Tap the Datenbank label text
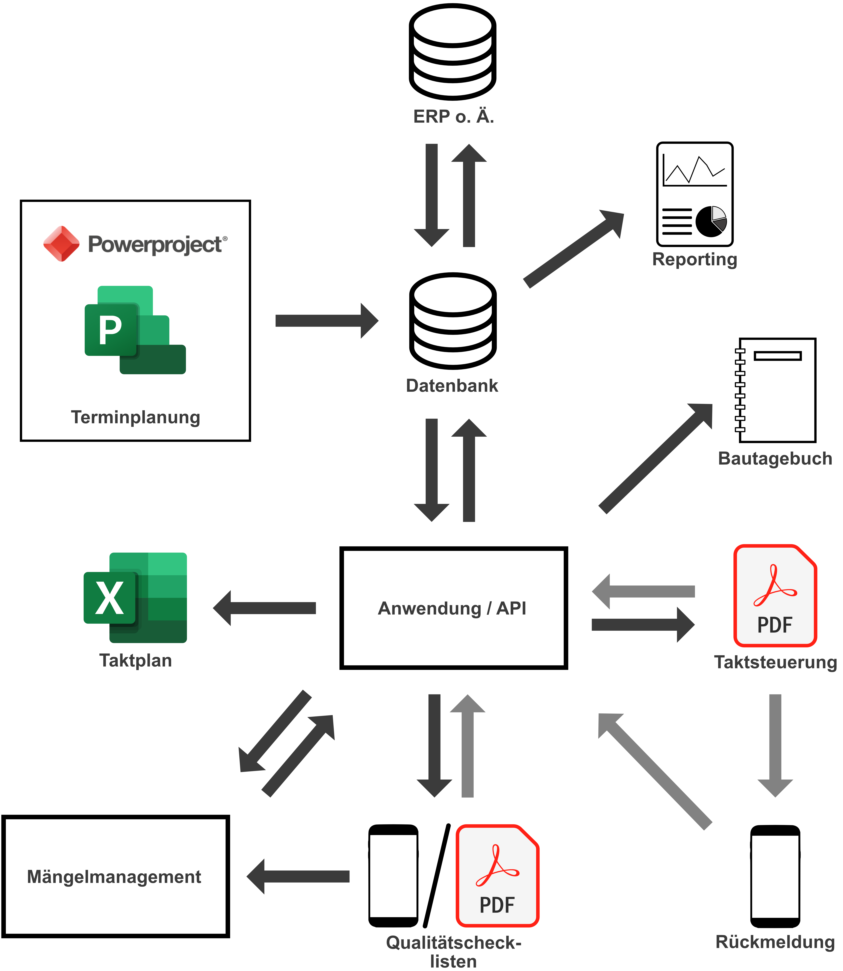(x=452, y=385)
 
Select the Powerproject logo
(x=135, y=244)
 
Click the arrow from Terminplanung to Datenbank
(x=326, y=321)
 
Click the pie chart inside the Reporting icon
(x=711, y=221)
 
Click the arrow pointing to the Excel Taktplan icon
(x=264, y=608)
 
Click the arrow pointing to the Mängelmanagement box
(x=298, y=876)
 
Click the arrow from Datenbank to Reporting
(x=574, y=249)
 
